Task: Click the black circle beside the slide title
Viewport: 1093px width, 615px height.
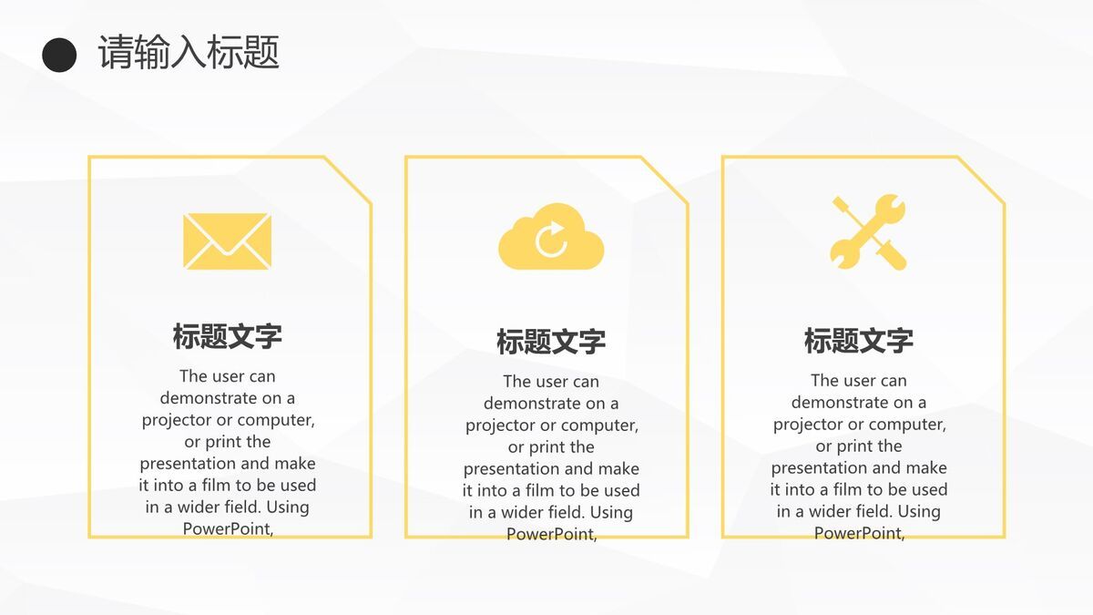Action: [59, 55]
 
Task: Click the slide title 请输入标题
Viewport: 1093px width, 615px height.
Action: [189, 53]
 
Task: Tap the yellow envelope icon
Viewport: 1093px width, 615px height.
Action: [227, 241]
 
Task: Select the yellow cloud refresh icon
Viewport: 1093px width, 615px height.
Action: [551, 238]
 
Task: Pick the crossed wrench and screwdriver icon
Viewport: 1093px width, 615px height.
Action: [868, 232]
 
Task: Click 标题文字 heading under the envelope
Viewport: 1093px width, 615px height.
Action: [227, 336]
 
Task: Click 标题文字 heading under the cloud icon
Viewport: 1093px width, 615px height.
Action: [551, 342]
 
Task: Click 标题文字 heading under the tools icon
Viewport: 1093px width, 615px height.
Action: [858, 341]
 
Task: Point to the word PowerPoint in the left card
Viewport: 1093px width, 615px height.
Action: [228, 528]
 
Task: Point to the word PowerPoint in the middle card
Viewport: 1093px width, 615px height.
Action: [551, 534]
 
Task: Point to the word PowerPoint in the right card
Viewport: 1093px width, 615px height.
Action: [859, 533]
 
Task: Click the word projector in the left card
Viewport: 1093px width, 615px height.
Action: [175, 420]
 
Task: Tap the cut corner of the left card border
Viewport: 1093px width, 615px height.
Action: [349, 179]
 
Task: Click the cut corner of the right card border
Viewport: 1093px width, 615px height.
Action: [983, 179]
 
